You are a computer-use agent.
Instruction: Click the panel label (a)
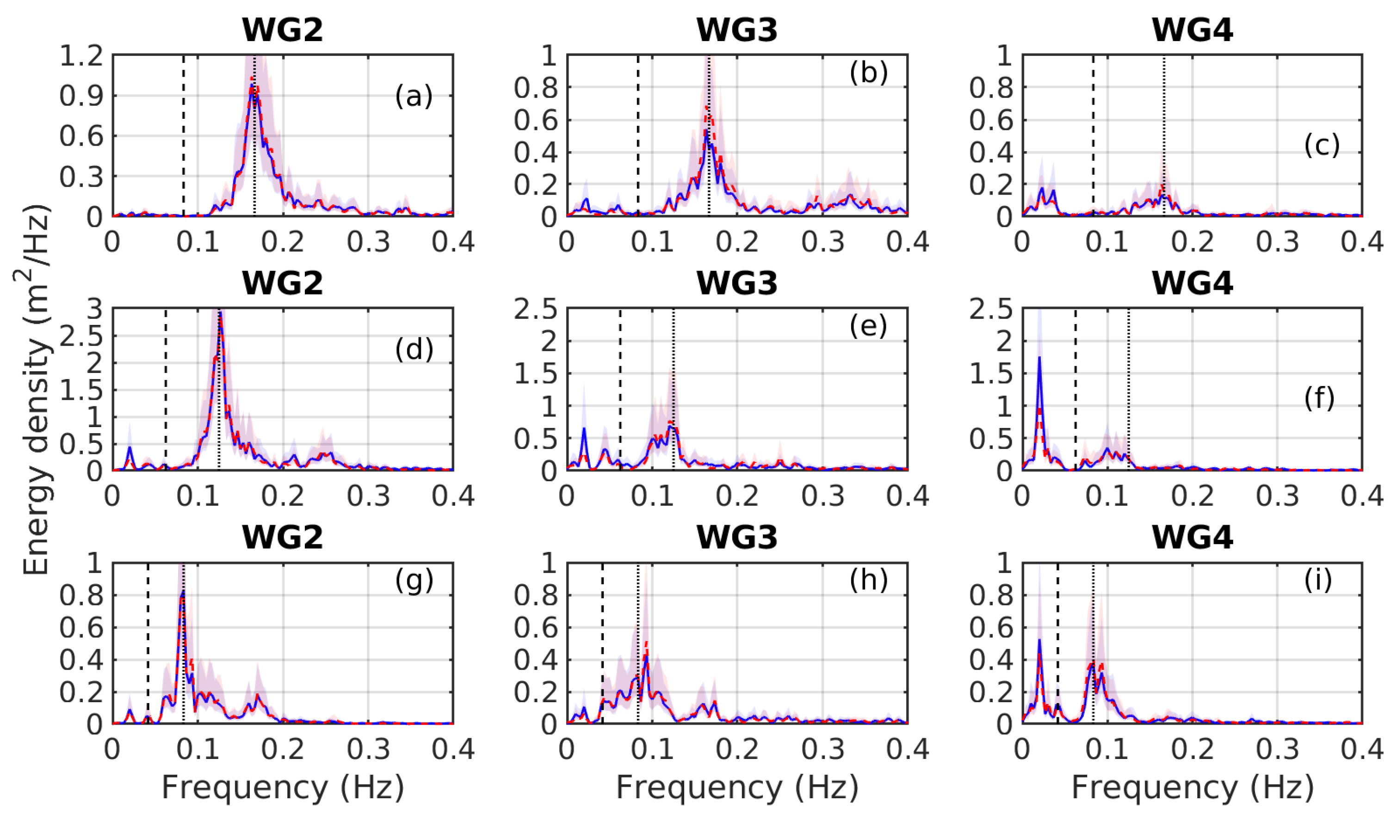pyautogui.click(x=414, y=97)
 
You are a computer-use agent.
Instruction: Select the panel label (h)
pyautogui.click(x=869, y=580)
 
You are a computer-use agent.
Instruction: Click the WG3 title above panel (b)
pyautogui.click(x=737, y=30)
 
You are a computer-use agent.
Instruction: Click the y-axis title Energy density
pyautogui.click(x=37, y=391)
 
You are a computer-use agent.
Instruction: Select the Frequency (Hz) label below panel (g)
pyautogui.click(x=283, y=787)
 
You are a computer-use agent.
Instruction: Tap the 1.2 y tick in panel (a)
pyautogui.click(x=81, y=55)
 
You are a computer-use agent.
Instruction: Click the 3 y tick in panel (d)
pyautogui.click(x=95, y=309)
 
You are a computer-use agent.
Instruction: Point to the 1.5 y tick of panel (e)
pyautogui.click(x=536, y=374)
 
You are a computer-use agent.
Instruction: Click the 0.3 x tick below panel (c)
pyautogui.click(x=1277, y=242)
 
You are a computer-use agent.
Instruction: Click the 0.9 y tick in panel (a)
pyautogui.click(x=81, y=96)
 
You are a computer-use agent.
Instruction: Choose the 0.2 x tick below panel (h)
pyautogui.click(x=737, y=750)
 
